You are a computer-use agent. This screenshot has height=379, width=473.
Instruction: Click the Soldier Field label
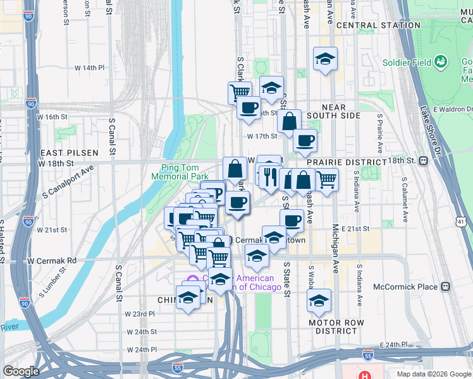pyautogui.click(x=407, y=63)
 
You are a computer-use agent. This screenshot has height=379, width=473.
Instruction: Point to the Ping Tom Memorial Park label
pyautogui.click(x=180, y=172)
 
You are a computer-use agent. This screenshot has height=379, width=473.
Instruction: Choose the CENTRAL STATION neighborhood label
pyautogui.click(x=378, y=25)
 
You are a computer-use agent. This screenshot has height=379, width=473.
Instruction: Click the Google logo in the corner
pyautogui.click(x=21, y=371)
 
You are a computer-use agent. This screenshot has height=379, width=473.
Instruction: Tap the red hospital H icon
pyautogui.click(x=365, y=374)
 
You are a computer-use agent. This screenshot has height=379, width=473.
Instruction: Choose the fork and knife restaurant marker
pyautogui.click(x=268, y=174)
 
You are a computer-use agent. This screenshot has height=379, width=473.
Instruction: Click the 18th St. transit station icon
pyautogui.click(x=423, y=161)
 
